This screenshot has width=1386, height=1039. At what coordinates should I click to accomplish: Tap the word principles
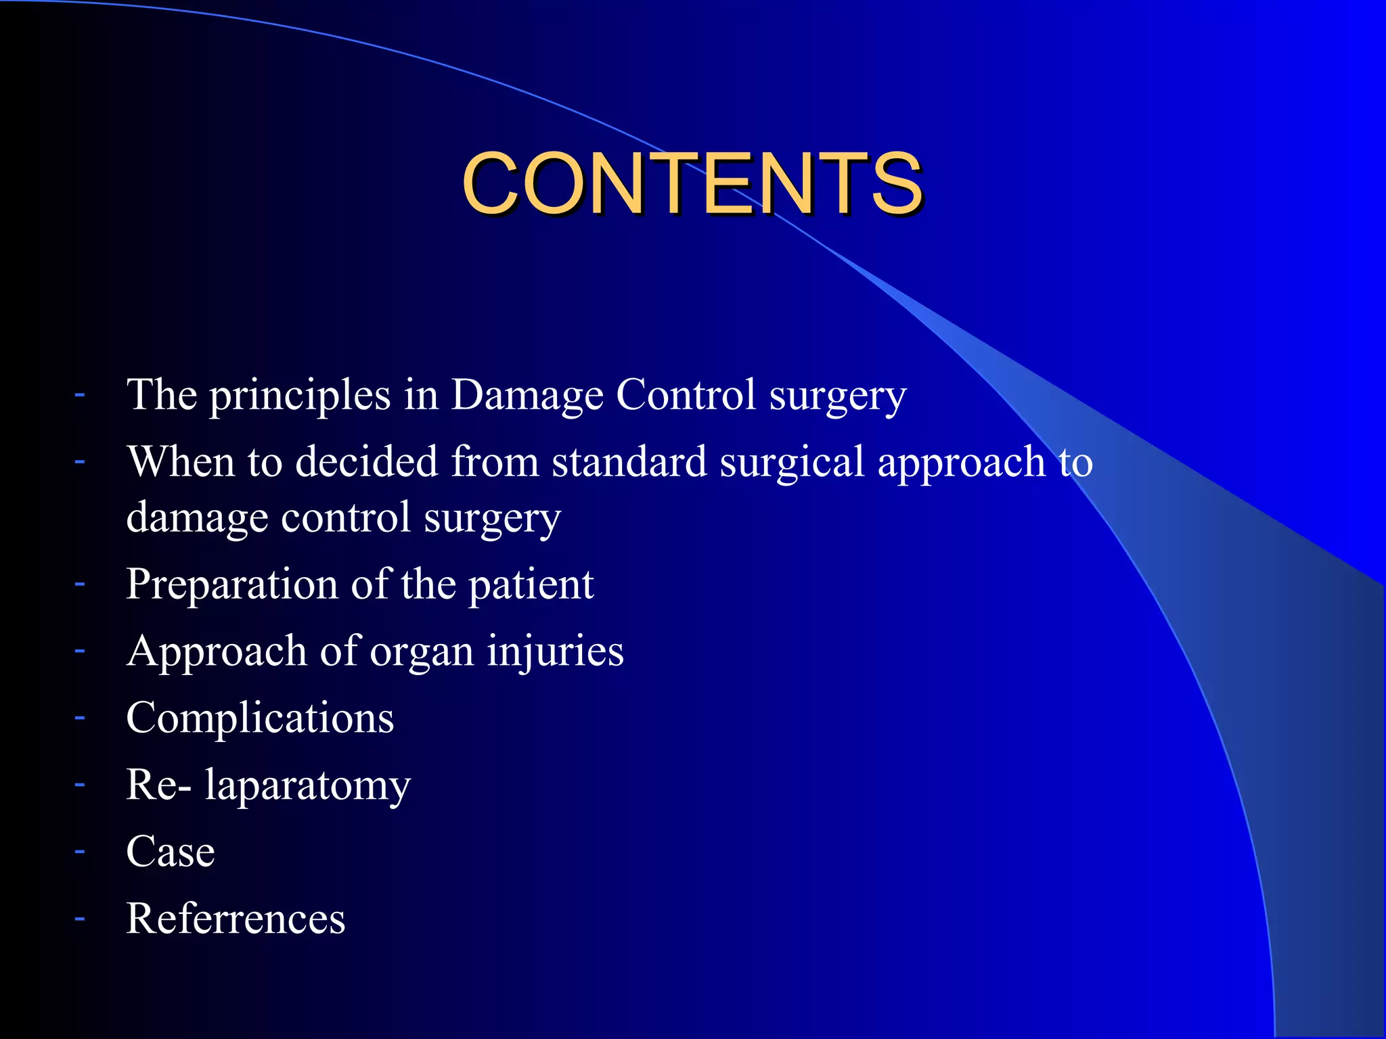pos(299,396)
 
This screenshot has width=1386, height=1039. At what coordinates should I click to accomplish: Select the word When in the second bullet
pos(181,461)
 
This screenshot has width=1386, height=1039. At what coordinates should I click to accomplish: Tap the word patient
pos(531,585)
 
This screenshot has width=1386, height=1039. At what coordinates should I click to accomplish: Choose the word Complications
pos(260,718)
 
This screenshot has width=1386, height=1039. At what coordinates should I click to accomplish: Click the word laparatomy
pos(308,786)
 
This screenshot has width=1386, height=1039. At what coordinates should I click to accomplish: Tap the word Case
pos(171,852)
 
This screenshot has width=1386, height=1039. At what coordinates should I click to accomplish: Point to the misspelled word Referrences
pos(236,919)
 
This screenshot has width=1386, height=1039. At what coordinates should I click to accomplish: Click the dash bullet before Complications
pos(80,717)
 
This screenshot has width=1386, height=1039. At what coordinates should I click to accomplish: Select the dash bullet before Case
pos(80,851)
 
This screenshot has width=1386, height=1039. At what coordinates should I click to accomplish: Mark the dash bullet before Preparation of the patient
pos(80,582)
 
